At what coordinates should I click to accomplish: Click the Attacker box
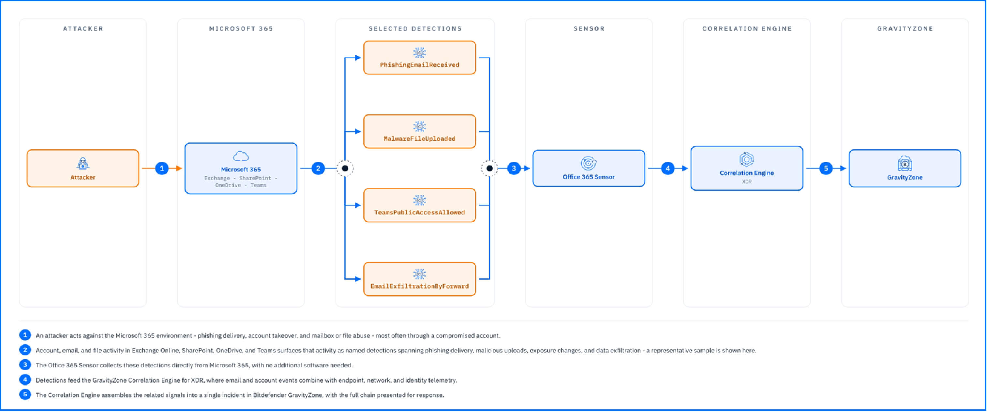pos(83,168)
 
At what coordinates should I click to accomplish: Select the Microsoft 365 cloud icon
pos(241,156)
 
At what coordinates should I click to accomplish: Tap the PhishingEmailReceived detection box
pos(420,58)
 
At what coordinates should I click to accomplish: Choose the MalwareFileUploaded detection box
pos(420,131)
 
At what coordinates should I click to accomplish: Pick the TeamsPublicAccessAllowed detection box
pos(420,205)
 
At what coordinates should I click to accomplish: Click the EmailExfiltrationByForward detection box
pos(420,279)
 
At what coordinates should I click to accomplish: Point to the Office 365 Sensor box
pos(589,168)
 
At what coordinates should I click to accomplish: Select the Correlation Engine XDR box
pos(747,168)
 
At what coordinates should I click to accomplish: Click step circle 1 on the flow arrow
pos(162,168)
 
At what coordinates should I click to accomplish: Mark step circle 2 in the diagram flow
pos(318,168)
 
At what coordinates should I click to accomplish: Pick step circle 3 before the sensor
pos(514,168)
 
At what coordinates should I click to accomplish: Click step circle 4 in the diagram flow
pos(668,168)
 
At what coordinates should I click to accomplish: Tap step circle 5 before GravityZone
pos(826,168)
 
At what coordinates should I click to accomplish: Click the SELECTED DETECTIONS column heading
pos(415,29)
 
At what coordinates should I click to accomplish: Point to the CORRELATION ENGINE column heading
pos(747,29)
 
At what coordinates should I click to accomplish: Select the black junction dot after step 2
pos(345,168)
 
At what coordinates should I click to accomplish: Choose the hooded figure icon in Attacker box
pos(83,164)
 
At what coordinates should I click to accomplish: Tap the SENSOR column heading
pos(589,29)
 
